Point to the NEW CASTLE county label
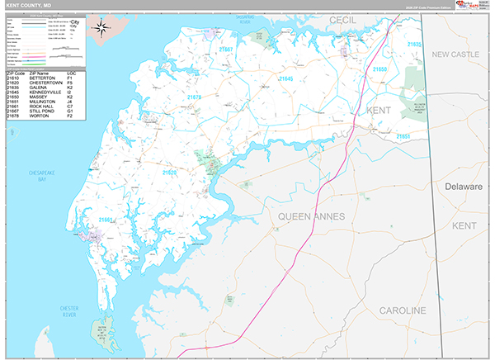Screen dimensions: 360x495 pyautogui.click(x=455, y=54)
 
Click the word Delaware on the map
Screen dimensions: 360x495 pyautogui.click(x=463, y=187)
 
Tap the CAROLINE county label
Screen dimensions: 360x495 pyautogui.click(x=402, y=310)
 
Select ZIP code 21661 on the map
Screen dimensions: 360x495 pyautogui.click(x=106, y=220)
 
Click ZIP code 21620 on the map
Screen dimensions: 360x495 pyautogui.click(x=170, y=173)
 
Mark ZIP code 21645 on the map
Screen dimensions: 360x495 pyautogui.click(x=285, y=78)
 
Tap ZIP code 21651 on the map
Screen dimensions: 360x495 pyautogui.click(x=403, y=135)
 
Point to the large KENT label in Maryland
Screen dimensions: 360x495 pyautogui.click(x=379, y=110)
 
